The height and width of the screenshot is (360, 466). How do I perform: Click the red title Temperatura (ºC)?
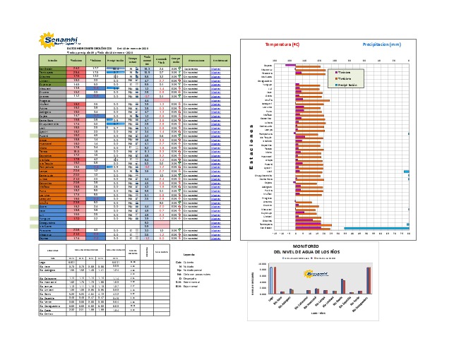(282, 44)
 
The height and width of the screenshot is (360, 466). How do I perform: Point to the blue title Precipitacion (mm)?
(381, 44)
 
